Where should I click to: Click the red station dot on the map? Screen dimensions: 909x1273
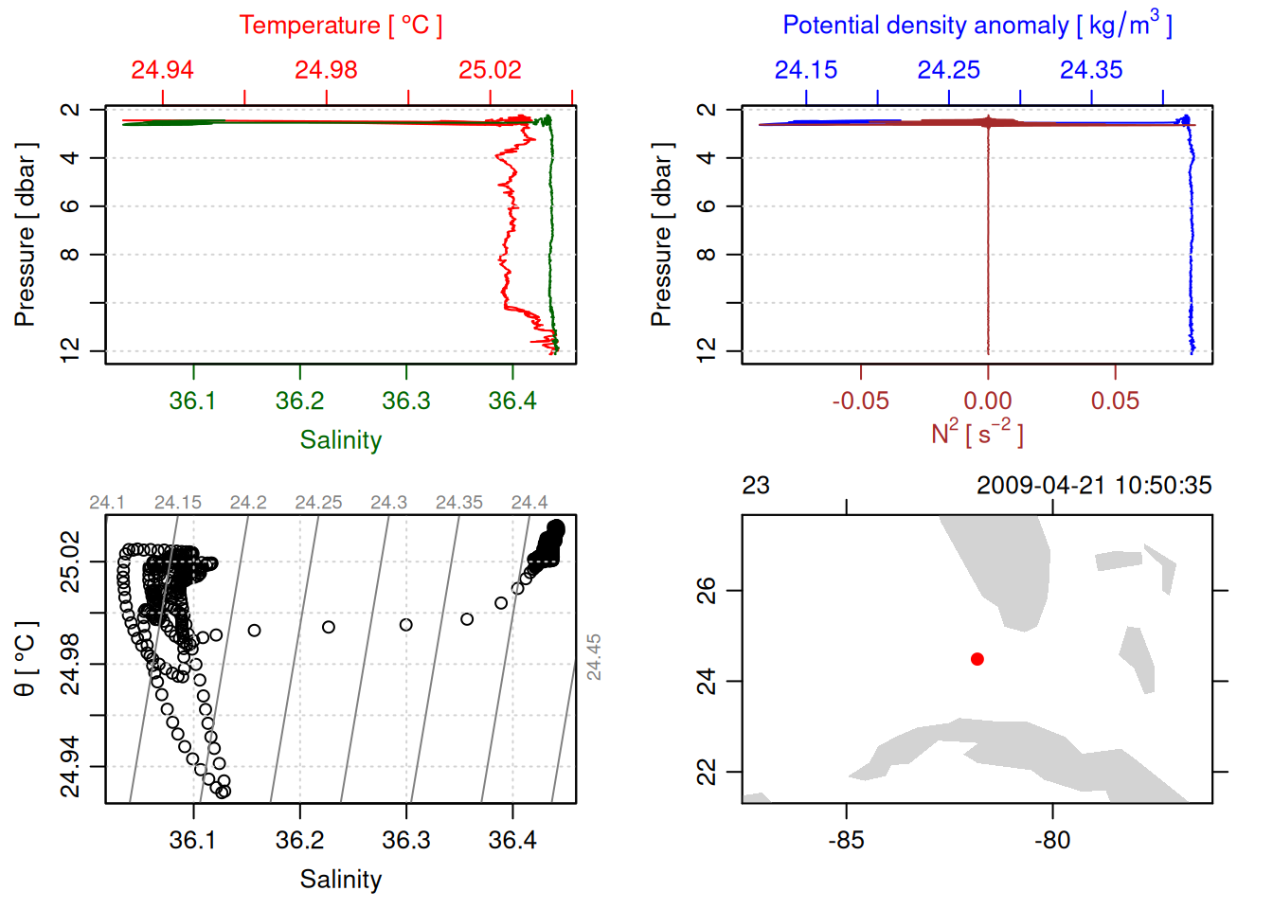pos(977,659)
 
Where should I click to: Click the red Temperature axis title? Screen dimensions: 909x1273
pos(340,26)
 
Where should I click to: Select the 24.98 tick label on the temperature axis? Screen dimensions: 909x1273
pos(326,70)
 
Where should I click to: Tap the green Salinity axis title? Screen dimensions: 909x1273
pos(340,440)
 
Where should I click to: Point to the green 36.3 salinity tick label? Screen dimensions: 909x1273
pos(405,401)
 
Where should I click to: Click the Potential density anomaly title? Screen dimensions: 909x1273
pos(977,26)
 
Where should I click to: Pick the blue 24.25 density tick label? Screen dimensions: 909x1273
pos(948,70)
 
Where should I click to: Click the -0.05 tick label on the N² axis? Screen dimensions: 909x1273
pos(860,401)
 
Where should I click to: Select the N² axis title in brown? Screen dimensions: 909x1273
pos(977,434)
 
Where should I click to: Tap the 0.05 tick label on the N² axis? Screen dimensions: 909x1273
pos(1115,401)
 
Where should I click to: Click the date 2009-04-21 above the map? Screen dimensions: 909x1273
pos(1042,486)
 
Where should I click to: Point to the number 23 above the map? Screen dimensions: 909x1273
pos(756,486)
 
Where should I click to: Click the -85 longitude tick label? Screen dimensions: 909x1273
pos(846,840)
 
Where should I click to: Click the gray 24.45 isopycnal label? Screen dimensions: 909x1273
pos(594,657)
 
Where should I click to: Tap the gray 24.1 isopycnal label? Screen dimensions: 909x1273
pos(107,503)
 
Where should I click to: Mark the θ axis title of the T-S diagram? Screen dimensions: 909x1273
pos(25,659)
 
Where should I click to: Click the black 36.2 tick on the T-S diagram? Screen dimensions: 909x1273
pos(299,840)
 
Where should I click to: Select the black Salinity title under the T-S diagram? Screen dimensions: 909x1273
pos(340,880)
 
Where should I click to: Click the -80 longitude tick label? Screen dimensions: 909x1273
pos(1052,840)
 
